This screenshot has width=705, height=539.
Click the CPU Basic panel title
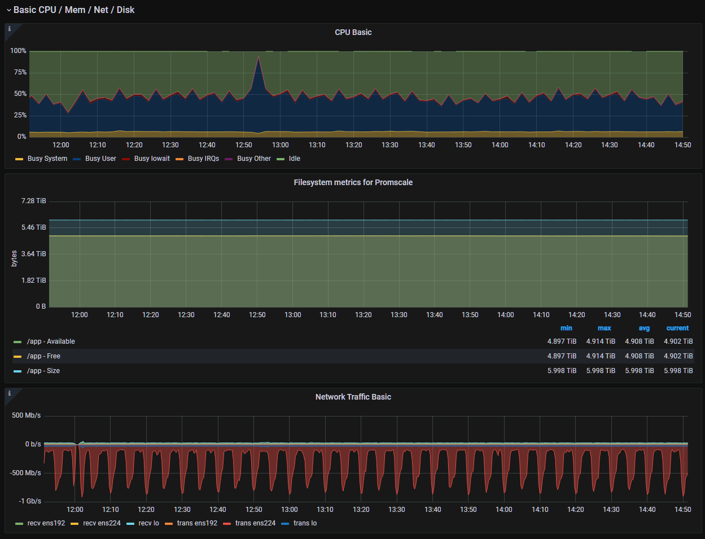pyautogui.click(x=353, y=32)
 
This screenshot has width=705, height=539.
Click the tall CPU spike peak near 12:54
pyautogui.click(x=259, y=56)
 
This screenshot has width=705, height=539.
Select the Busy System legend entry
pyautogui.click(x=47, y=159)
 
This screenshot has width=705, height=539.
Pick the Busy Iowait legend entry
pyautogui.click(x=151, y=159)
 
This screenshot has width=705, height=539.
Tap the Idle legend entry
pyautogui.click(x=294, y=159)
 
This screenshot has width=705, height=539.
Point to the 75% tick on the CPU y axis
pyautogui.click(x=20, y=72)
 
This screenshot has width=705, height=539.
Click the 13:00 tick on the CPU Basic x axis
pyautogui.click(x=281, y=145)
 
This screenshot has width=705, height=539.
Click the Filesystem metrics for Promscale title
pyautogui.click(x=353, y=182)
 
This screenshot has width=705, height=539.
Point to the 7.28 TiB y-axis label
pyautogui.click(x=34, y=201)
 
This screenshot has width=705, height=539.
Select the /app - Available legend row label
pyautogui.click(x=51, y=341)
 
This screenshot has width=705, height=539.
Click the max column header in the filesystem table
pyautogui.click(x=604, y=328)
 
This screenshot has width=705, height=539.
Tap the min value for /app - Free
pyautogui.click(x=562, y=356)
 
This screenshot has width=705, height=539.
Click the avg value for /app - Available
pyautogui.click(x=639, y=341)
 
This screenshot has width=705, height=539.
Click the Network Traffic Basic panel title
pyautogui.click(x=353, y=397)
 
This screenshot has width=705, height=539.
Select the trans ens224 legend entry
pyautogui.click(x=255, y=523)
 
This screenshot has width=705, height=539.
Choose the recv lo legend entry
pyautogui.click(x=148, y=523)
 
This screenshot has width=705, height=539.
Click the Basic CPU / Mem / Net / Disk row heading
pyautogui.click(x=74, y=10)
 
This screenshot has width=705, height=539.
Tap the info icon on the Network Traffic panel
pyautogui.click(x=9, y=393)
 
